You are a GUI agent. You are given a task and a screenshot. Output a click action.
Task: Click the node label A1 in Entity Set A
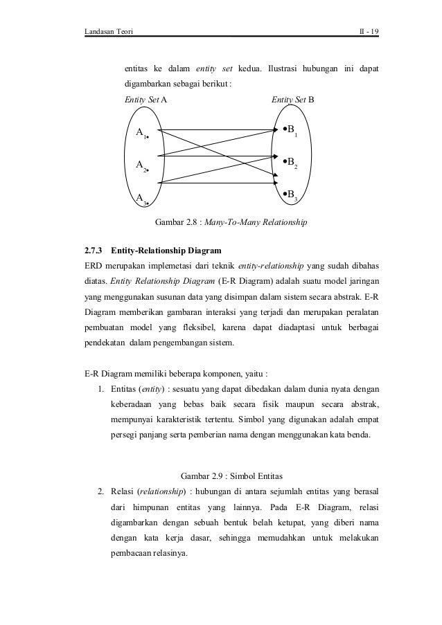(x=141, y=133)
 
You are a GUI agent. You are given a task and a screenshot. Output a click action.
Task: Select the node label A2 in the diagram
(x=141, y=165)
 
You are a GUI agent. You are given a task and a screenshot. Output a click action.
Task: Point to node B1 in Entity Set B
(x=290, y=130)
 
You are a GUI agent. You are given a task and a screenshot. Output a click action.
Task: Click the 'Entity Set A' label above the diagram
(x=145, y=100)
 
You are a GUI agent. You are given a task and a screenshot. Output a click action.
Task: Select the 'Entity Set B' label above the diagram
(x=292, y=100)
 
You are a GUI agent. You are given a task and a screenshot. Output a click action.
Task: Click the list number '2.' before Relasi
(x=101, y=492)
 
